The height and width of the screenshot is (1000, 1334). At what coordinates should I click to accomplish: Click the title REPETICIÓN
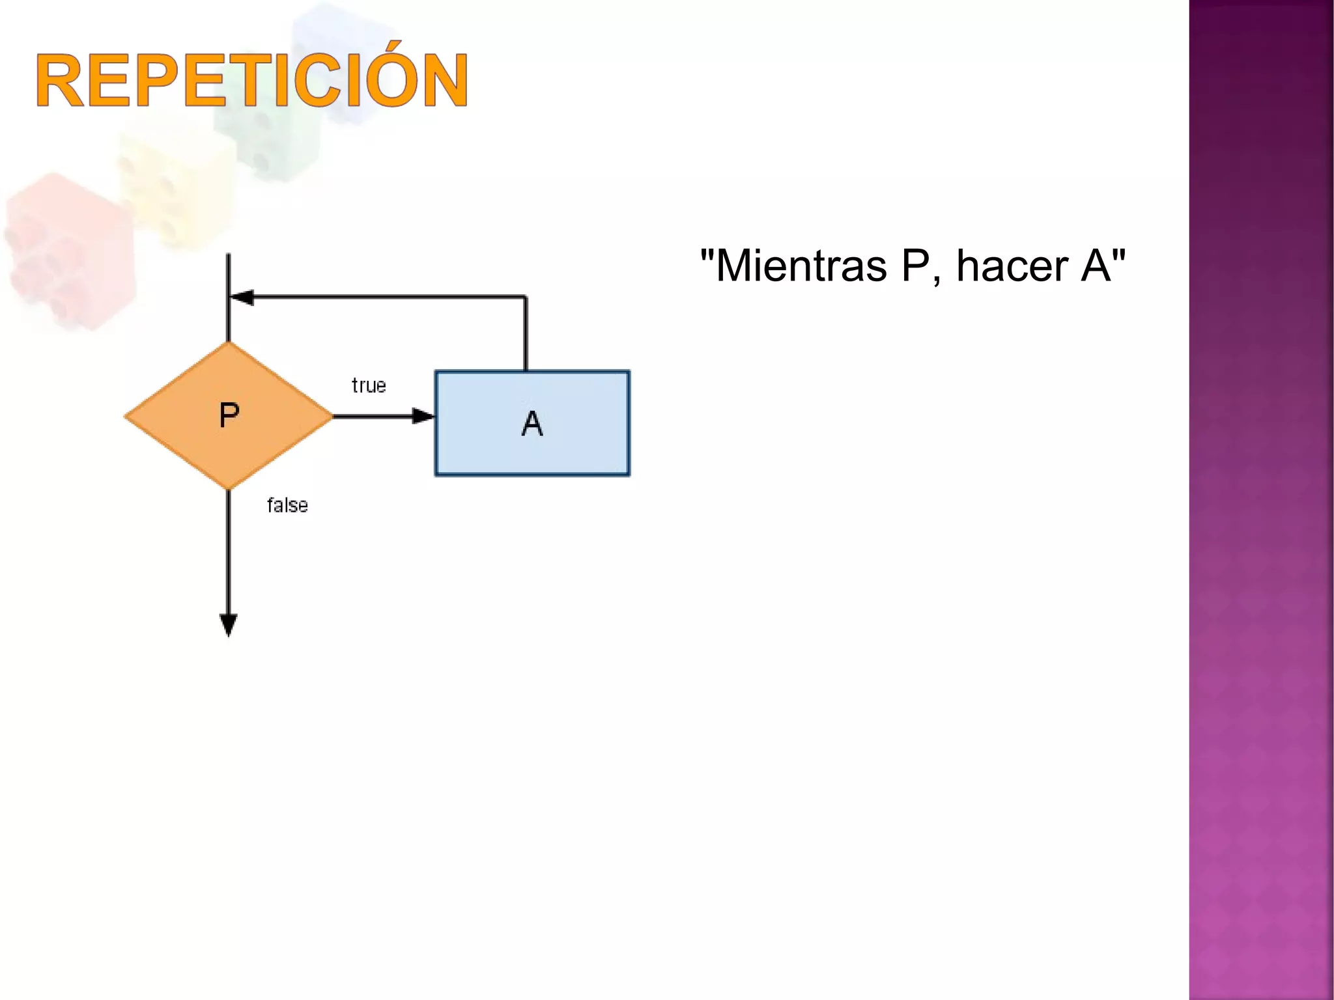pos(251,80)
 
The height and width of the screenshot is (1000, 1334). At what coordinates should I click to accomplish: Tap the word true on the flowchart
pos(369,385)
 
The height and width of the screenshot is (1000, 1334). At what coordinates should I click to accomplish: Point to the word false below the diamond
pos(287,505)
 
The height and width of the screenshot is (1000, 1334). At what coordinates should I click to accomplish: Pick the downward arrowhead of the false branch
pos(229,625)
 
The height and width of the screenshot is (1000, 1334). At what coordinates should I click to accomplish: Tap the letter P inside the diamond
pos(229,415)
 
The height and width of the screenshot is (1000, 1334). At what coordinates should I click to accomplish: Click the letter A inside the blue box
pos(532,424)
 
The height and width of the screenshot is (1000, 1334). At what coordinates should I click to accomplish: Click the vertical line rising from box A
pos(526,333)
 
